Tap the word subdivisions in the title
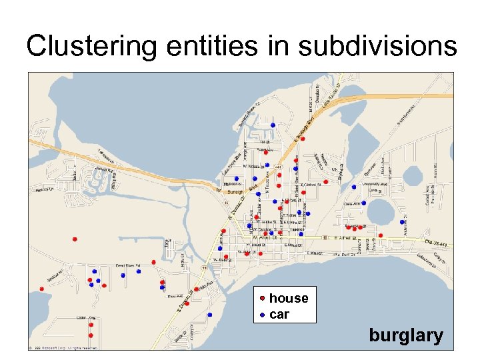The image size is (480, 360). (378, 47)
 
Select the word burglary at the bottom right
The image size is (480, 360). (406, 335)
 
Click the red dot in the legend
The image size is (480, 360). (263, 298)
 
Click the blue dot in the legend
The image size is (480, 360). (263, 314)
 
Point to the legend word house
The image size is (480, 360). (289, 298)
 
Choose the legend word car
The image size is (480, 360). (279, 314)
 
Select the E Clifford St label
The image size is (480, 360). (311, 185)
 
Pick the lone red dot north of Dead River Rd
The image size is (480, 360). (75, 239)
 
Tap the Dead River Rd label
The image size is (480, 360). (129, 265)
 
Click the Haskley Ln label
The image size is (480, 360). (44, 190)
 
